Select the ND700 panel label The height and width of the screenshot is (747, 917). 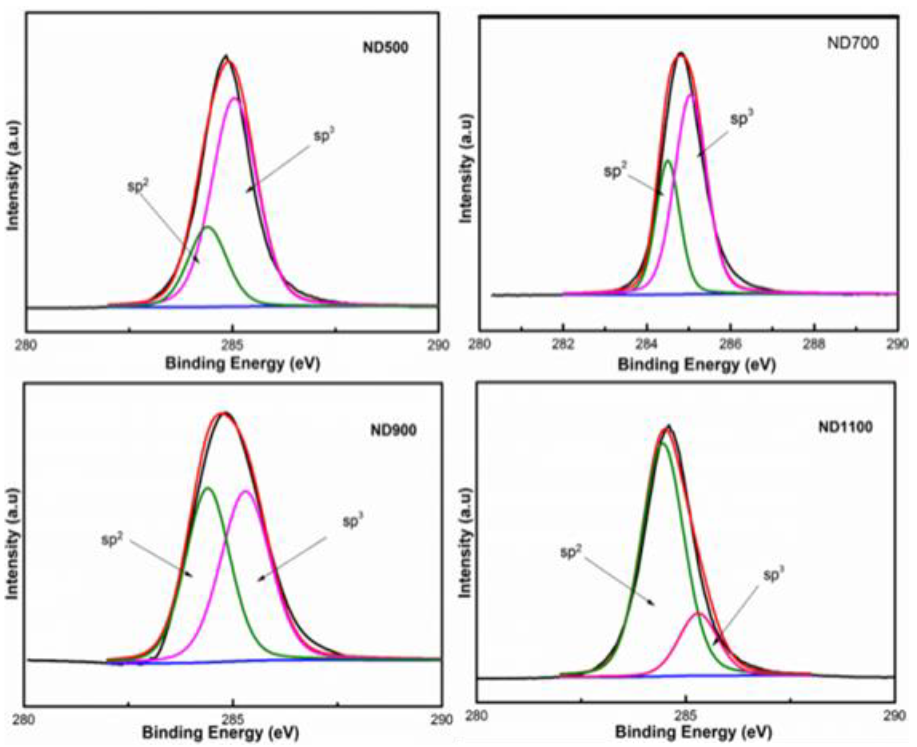click(x=853, y=43)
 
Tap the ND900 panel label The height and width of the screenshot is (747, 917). click(x=393, y=430)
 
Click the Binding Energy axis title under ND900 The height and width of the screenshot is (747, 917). click(x=220, y=732)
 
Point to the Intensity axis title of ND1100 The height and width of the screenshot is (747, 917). click(x=466, y=544)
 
